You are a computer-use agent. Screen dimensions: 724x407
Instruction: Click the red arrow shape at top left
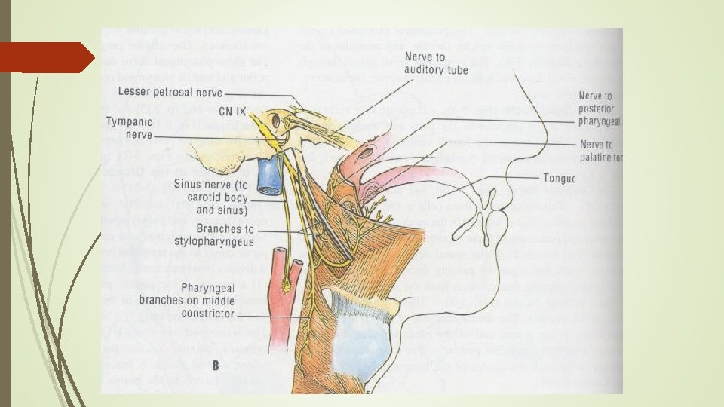(45, 57)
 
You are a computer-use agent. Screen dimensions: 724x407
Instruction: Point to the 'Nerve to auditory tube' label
(437, 63)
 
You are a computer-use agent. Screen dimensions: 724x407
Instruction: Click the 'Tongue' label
(559, 179)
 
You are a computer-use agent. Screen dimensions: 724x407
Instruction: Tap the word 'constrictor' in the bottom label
(207, 313)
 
